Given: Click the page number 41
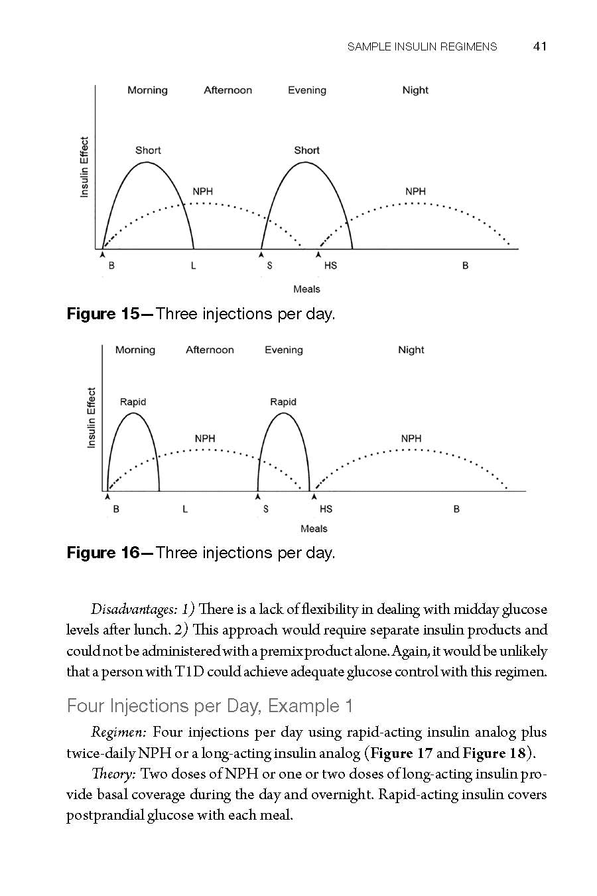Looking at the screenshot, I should point(539,46).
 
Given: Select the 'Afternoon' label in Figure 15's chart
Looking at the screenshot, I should point(228,90).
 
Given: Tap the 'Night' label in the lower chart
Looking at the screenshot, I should point(411,350).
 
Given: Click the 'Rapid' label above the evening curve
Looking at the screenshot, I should point(283,402).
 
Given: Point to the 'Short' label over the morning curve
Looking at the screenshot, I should point(148,150).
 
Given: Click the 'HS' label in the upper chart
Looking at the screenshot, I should point(330,265).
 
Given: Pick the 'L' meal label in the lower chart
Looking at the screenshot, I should point(185,509).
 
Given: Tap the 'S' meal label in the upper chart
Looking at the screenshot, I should point(269,265).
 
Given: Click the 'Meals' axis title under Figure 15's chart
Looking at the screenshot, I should point(306,289).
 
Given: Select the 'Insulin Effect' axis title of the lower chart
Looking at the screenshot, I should point(92,417).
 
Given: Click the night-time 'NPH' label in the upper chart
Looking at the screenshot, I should point(415,191).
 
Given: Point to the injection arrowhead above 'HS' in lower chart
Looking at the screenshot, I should point(314,496).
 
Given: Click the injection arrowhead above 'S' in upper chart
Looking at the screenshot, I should point(261,254).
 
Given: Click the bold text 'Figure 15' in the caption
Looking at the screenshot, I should point(103,314).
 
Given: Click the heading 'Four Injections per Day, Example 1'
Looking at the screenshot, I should point(210,706).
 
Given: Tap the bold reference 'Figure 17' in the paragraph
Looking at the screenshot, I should point(401,753).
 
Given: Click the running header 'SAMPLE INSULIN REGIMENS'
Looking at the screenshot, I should point(422,46).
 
